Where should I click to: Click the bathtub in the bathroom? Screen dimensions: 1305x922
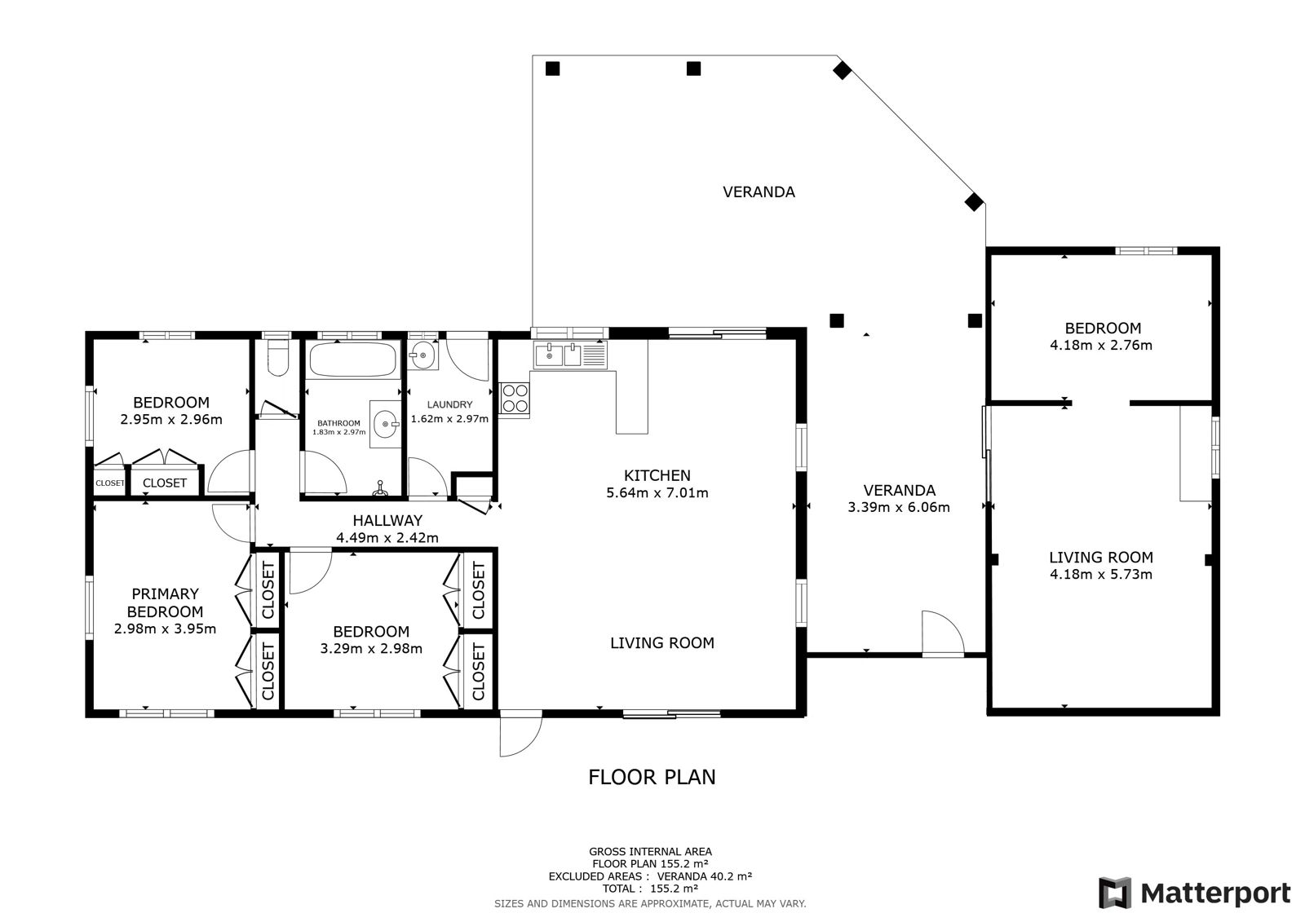(x=353, y=360)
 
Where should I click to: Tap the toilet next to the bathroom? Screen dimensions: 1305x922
(x=278, y=358)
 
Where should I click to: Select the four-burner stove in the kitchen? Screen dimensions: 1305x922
(x=515, y=399)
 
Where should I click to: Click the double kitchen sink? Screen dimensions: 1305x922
(x=570, y=354)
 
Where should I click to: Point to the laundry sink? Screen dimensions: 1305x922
(x=422, y=354)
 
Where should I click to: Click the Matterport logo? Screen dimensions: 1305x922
(x=1194, y=893)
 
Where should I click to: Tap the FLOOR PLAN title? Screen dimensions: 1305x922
(x=652, y=777)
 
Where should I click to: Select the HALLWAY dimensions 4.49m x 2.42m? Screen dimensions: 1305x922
(x=387, y=537)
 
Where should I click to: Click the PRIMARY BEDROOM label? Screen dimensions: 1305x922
(x=166, y=602)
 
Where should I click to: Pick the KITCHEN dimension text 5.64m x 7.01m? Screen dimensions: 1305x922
(x=657, y=492)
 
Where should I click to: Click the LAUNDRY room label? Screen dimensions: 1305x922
(x=449, y=404)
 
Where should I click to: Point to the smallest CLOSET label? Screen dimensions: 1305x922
(x=109, y=483)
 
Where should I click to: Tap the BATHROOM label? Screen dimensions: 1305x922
(x=338, y=423)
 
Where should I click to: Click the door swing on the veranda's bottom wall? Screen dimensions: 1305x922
(x=943, y=633)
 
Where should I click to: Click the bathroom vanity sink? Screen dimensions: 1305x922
(x=386, y=424)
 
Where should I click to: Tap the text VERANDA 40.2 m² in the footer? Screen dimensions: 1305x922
(x=705, y=876)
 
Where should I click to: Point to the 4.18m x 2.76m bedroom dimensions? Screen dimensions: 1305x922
(x=1101, y=345)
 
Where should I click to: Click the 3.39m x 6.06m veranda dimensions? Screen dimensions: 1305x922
(x=898, y=507)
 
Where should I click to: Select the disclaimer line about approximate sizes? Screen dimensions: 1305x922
(x=650, y=903)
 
